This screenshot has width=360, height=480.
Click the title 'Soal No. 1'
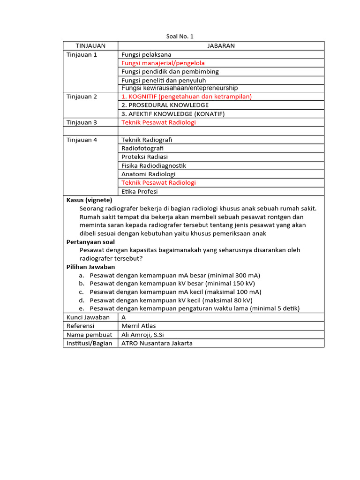[180, 37]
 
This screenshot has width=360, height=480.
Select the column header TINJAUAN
[90, 45]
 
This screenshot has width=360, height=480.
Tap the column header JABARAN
[221, 45]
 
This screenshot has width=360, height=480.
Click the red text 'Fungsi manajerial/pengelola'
[163, 63]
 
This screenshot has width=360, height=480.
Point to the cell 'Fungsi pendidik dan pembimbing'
[170, 72]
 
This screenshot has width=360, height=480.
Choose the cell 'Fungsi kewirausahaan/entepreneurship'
[179, 88]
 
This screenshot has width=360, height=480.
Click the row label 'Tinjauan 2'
[82, 97]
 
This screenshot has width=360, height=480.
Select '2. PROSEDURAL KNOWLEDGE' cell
[165, 105]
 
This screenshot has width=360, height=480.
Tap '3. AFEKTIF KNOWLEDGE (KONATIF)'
[173, 114]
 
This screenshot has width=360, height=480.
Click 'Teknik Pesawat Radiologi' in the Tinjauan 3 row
[158, 122]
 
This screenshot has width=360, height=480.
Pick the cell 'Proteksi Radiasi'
[144, 157]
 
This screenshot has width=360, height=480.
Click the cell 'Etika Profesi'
[140, 191]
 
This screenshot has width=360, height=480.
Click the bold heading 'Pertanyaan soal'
[90, 242]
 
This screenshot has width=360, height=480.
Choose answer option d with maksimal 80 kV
[171, 300]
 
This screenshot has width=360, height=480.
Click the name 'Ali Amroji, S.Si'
[142, 335]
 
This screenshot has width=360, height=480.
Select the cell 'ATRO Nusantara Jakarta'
[157, 343]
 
